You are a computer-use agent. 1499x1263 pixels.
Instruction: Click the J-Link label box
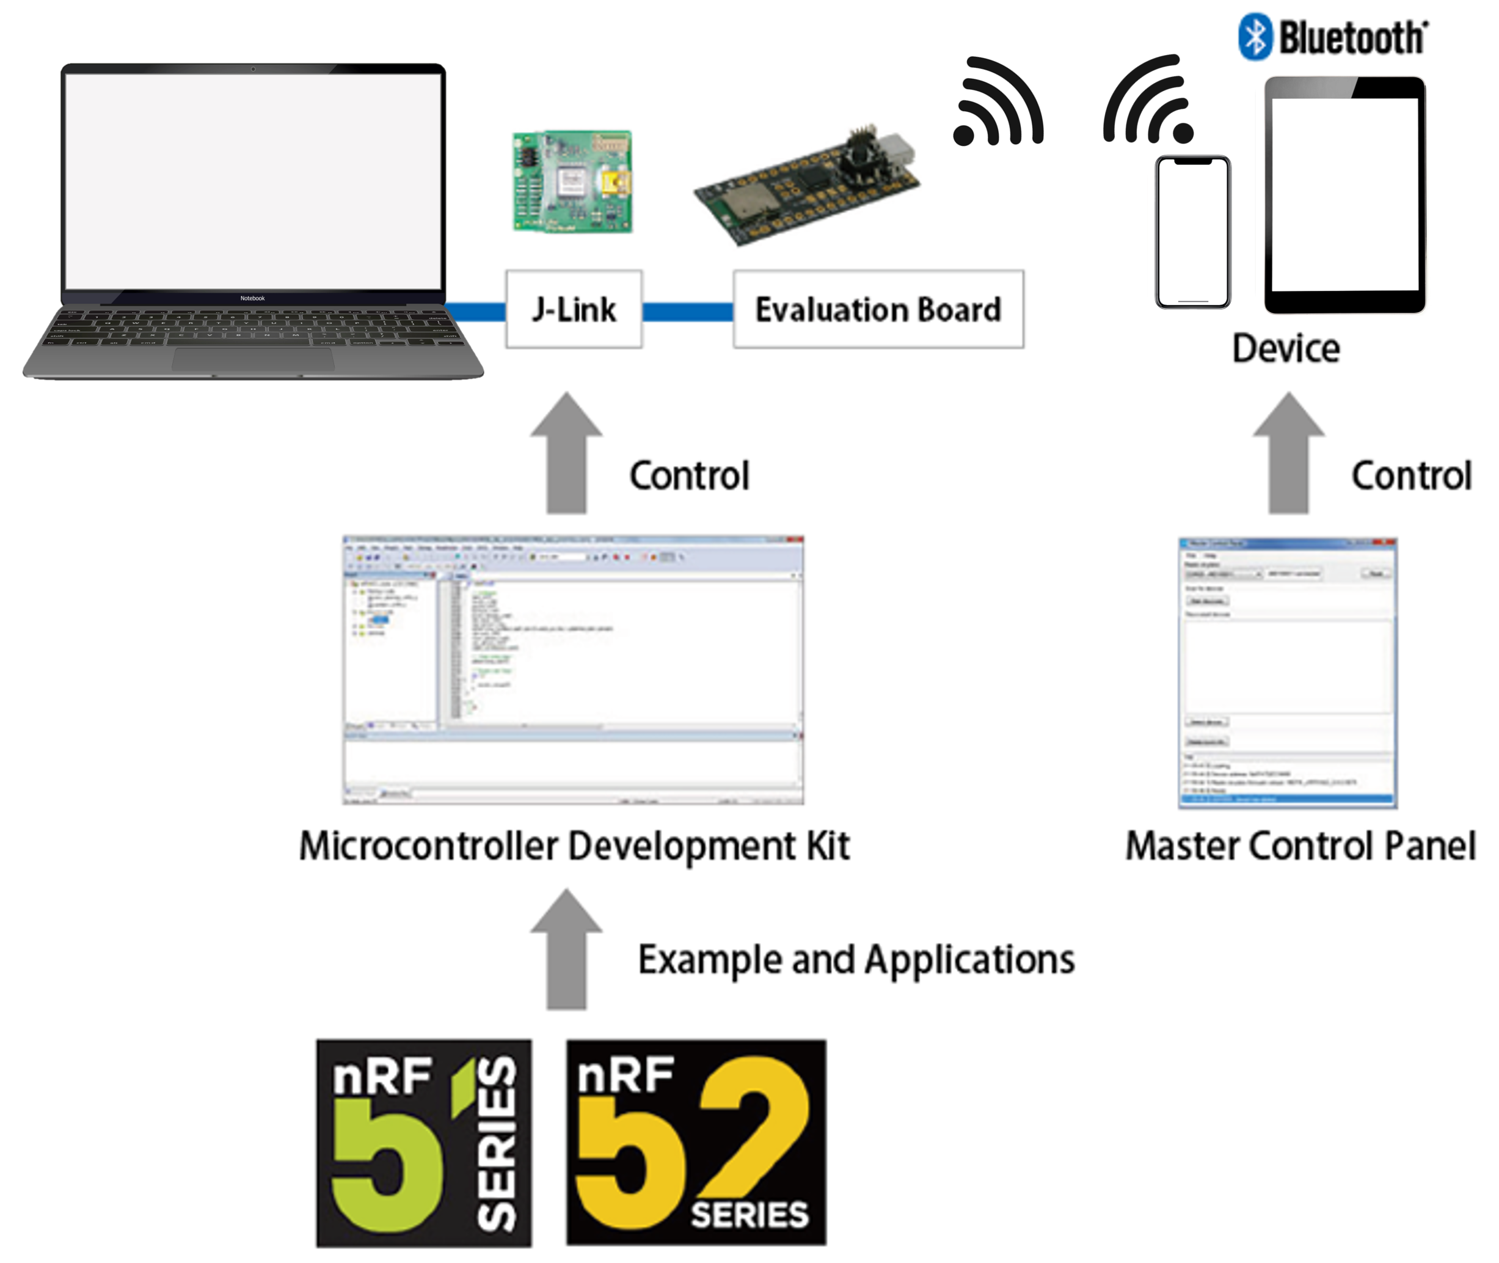[574, 309]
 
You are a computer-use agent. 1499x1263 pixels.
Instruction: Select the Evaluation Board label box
[878, 309]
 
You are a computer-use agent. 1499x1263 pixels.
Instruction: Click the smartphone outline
[1192, 232]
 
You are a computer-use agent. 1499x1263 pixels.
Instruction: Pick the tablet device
[1345, 195]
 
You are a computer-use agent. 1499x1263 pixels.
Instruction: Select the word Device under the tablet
[1286, 349]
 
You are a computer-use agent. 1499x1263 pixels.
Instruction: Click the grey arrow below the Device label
[1288, 455]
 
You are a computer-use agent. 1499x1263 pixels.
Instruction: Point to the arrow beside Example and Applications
[566, 951]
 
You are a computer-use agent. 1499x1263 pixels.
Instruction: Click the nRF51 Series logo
[424, 1143]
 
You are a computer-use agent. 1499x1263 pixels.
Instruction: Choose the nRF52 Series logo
[696, 1143]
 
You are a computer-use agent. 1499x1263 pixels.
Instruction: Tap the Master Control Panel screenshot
[1287, 673]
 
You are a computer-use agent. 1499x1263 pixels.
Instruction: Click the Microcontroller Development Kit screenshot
[573, 670]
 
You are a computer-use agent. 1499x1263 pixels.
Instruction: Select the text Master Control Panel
[1300, 846]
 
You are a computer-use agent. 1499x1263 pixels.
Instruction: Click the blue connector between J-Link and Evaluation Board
[687, 312]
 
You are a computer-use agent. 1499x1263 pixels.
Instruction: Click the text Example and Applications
[856, 959]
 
